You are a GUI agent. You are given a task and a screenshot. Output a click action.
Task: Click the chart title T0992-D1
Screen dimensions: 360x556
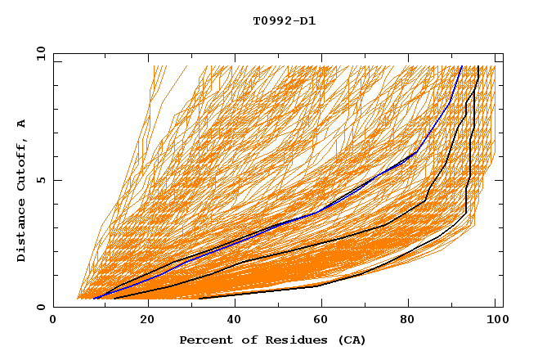point(284,20)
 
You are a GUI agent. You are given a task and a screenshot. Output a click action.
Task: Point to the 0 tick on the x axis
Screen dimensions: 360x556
point(53,320)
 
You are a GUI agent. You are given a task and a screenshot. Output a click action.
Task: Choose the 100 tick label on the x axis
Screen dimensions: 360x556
point(495,320)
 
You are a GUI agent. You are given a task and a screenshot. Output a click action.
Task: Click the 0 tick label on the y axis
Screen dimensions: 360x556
point(40,308)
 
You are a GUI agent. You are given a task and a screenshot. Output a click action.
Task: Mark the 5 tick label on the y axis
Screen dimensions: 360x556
point(40,181)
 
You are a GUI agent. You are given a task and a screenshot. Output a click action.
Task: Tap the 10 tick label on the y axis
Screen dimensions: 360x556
point(38,53)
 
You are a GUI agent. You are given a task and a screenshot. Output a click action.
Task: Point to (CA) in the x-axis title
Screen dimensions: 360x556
point(350,340)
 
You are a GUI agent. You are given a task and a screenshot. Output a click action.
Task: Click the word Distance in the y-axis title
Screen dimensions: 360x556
point(21,232)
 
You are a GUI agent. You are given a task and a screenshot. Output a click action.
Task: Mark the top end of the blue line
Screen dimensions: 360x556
point(461,66)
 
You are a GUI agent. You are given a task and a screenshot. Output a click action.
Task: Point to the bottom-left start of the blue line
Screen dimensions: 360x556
point(94,298)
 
